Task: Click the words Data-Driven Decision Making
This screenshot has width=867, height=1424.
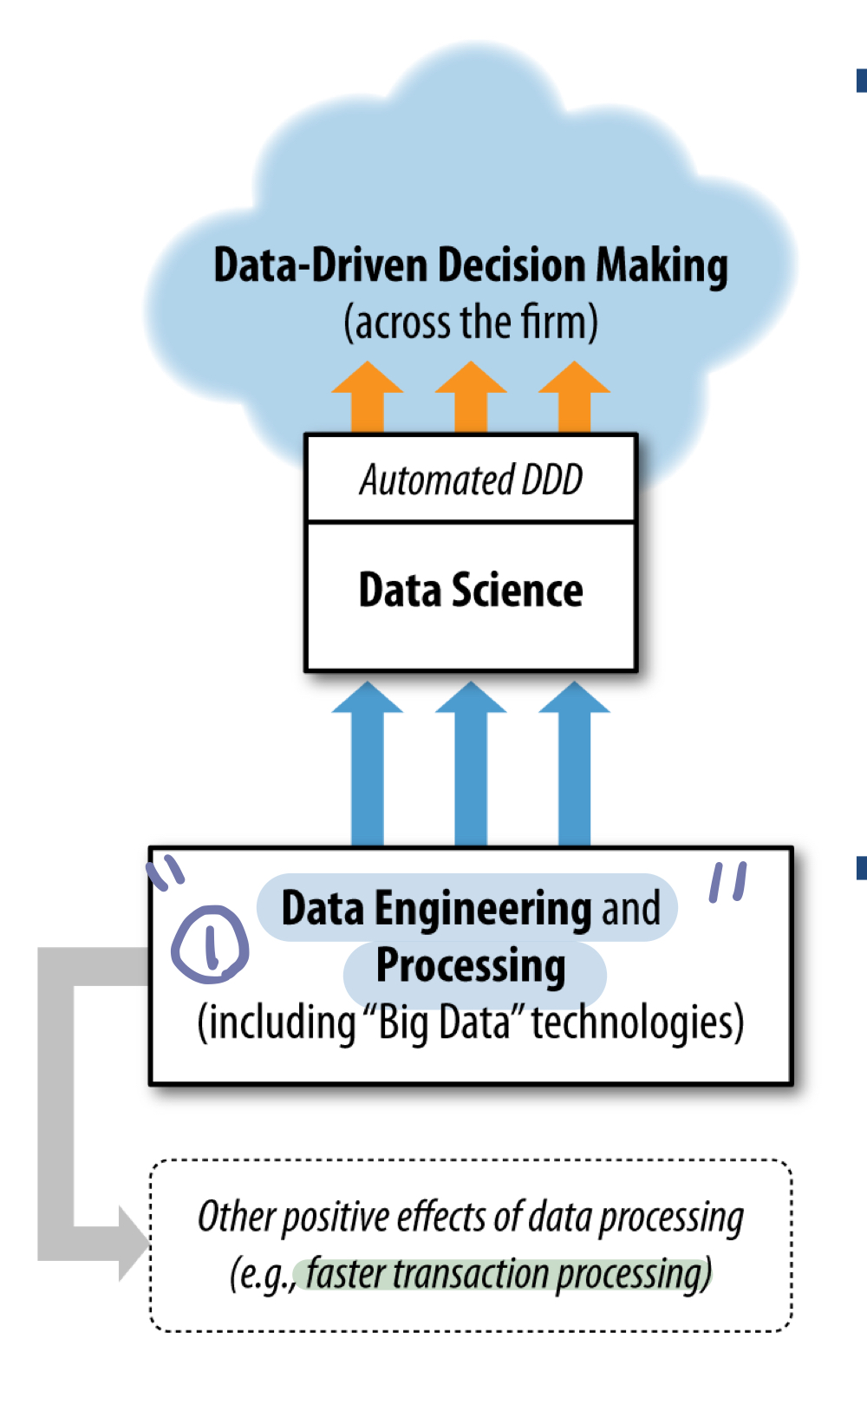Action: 470,265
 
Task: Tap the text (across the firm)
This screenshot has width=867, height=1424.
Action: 470,322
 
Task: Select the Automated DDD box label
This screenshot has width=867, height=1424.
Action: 471,480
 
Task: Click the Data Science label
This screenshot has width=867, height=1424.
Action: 471,591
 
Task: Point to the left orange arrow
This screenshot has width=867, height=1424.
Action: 368,395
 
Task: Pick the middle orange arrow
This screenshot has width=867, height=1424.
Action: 471,395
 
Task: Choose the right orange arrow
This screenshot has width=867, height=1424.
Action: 574,395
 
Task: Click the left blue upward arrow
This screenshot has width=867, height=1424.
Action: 368,763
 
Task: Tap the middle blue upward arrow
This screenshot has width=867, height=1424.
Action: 471,763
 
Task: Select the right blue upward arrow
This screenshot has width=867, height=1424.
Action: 574,763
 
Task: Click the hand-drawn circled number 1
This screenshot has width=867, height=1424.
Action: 210,944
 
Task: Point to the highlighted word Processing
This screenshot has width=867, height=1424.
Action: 471,966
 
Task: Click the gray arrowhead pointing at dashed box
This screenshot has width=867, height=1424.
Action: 133,1243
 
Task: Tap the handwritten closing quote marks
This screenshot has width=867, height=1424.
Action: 727,882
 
